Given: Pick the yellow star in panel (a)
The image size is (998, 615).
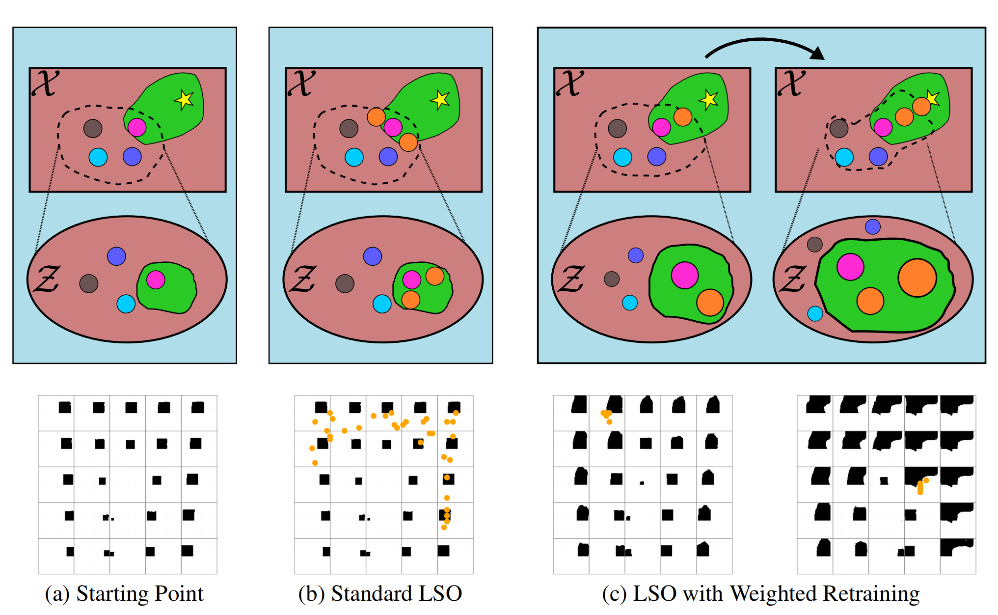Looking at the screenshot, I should click(x=184, y=100).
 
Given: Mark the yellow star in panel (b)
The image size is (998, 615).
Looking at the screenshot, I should click(x=440, y=99).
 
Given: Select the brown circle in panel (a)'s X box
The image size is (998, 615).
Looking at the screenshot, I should click(x=93, y=129).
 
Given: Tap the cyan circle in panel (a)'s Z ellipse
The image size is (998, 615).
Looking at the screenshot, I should click(x=126, y=304).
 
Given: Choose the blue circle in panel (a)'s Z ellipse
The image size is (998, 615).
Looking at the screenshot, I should click(x=116, y=256).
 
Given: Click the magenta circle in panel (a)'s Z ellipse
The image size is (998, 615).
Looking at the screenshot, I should click(x=156, y=280).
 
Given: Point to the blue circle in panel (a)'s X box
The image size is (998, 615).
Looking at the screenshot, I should click(x=132, y=157).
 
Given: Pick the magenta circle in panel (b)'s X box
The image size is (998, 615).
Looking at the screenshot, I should click(x=393, y=127).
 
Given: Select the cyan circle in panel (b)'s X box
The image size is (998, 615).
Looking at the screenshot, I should click(x=354, y=157).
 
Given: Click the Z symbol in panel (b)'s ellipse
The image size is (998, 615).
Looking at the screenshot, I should click(x=302, y=279).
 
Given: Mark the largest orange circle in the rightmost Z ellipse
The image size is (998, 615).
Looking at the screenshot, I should click(x=917, y=278).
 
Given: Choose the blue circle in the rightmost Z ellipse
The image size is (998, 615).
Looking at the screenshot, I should click(x=872, y=226).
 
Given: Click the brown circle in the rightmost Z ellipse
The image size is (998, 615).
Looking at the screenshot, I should click(x=815, y=244).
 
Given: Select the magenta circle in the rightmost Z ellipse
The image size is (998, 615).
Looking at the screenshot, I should click(x=850, y=267).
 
